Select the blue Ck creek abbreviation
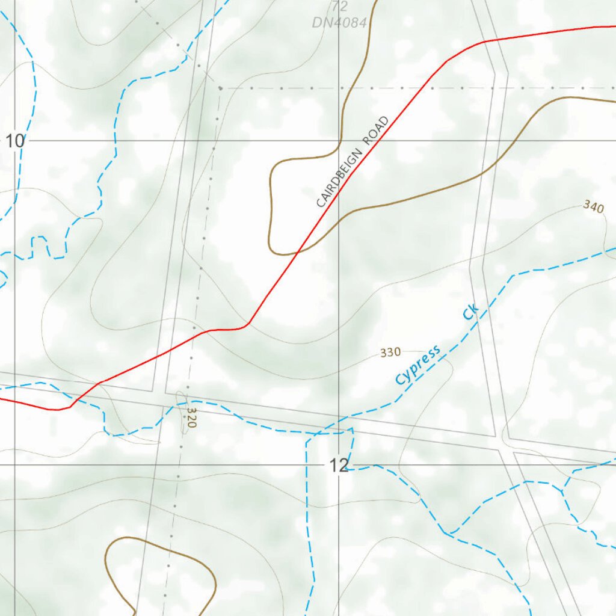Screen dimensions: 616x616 tap(470, 311)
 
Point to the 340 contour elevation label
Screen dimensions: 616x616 tap(593, 208)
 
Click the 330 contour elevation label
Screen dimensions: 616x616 tap(390, 353)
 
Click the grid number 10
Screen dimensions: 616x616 tap(15, 142)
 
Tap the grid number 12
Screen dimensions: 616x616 tap(339, 465)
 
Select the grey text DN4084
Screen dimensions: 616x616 tap(339, 23)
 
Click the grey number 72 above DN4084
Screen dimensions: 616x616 tap(340, 7)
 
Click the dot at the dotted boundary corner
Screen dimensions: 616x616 tap(221, 88)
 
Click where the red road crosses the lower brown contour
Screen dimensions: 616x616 tap(298, 254)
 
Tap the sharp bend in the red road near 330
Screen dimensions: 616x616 tap(248, 325)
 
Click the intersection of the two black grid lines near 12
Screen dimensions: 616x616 tap(339, 465)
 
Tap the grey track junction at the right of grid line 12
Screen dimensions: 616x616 tap(504, 447)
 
